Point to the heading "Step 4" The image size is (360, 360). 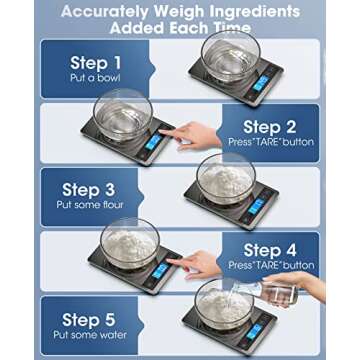pyautogui.click(x=273, y=250)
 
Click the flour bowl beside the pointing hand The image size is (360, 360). pyautogui.click(x=130, y=242)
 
